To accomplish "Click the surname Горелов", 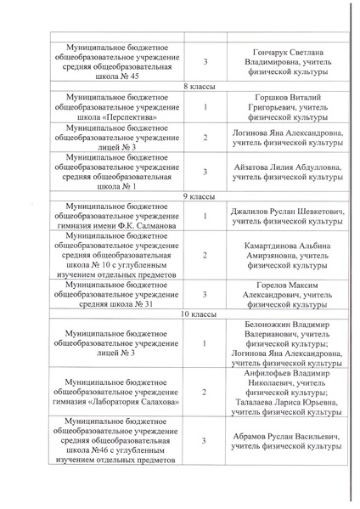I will tap(256, 284).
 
